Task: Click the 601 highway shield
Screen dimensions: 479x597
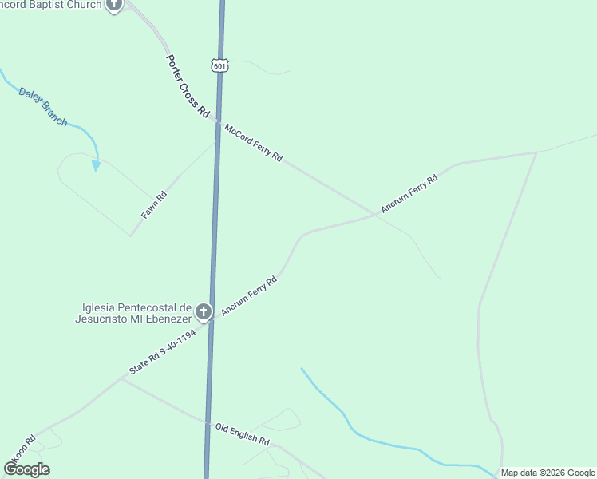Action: (x=220, y=65)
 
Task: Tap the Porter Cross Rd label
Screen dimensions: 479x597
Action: (x=187, y=86)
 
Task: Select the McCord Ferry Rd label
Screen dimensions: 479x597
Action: (x=254, y=143)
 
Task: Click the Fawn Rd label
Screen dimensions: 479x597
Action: (x=154, y=206)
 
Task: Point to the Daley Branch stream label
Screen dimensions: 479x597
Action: (x=42, y=105)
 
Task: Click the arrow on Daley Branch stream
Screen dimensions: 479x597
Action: (x=96, y=165)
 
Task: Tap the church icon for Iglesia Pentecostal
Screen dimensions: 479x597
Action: (x=204, y=311)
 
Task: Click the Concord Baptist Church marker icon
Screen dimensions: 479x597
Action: (x=114, y=6)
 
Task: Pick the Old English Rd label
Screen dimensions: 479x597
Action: (x=243, y=434)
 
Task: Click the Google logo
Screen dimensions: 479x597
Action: (x=26, y=469)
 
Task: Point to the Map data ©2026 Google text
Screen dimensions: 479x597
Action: (x=548, y=473)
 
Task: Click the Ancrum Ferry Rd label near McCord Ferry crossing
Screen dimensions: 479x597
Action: (x=409, y=194)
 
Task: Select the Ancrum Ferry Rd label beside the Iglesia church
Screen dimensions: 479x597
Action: (x=248, y=295)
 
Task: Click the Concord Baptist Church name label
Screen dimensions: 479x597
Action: (x=51, y=5)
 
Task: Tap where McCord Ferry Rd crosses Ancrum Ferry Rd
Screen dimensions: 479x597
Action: (x=376, y=214)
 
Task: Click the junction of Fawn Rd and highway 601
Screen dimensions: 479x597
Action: (x=215, y=142)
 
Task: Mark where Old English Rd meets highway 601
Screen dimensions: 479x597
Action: (x=208, y=422)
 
